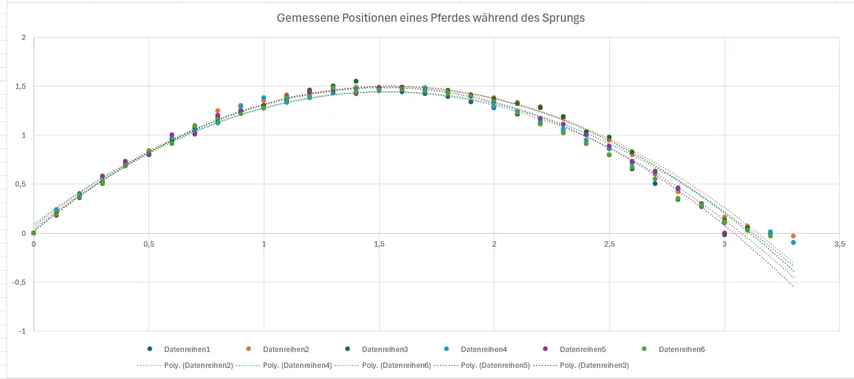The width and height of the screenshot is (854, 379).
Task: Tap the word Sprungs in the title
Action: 563,18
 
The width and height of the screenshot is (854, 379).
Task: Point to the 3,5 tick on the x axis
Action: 839,244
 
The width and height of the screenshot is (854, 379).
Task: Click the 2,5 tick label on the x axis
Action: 609,244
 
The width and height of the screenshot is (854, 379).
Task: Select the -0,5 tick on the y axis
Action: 21,282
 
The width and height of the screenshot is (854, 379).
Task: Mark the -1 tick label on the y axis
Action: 24,331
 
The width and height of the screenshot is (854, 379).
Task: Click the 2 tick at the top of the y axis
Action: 24,38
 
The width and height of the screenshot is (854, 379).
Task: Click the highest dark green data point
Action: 356,81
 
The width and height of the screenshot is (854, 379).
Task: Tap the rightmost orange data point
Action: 793,236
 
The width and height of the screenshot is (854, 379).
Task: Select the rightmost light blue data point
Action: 793,242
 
